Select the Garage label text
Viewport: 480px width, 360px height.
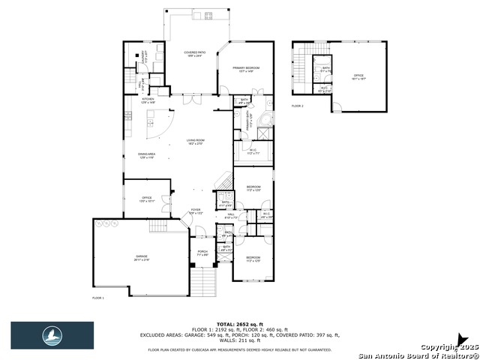(x=142, y=258)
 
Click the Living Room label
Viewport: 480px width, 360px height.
(x=196, y=141)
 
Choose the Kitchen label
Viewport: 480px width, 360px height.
(x=148, y=100)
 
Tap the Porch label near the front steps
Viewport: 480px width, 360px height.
(x=202, y=253)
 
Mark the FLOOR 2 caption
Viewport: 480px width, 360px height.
(x=298, y=106)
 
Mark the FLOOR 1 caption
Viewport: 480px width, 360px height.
(x=97, y=298)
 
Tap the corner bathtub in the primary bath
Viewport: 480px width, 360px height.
(x=266, y=121)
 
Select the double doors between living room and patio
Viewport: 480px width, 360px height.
(x=193, y=97)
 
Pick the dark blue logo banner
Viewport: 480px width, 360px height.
(x=52, y=335)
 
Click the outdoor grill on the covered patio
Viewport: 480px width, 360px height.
(x=207, y=16)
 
